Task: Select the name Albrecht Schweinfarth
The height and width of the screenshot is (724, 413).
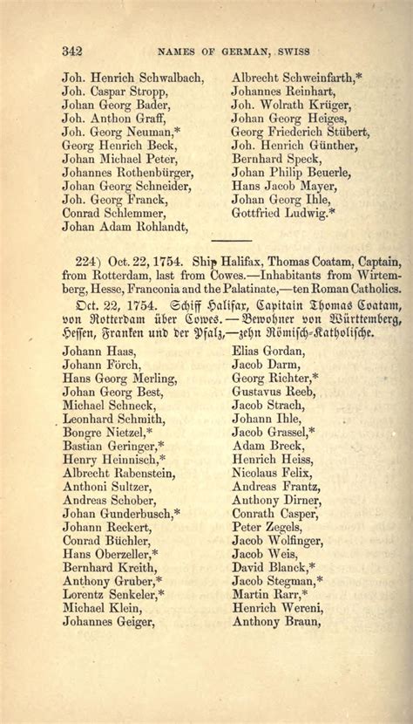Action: (296, 77)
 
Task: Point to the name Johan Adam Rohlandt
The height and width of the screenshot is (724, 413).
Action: (126, 226)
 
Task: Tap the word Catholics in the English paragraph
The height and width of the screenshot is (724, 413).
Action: (371, 288)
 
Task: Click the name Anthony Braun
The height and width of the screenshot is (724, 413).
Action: (276, 623)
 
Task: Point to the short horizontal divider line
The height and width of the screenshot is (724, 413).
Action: (231, 240)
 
